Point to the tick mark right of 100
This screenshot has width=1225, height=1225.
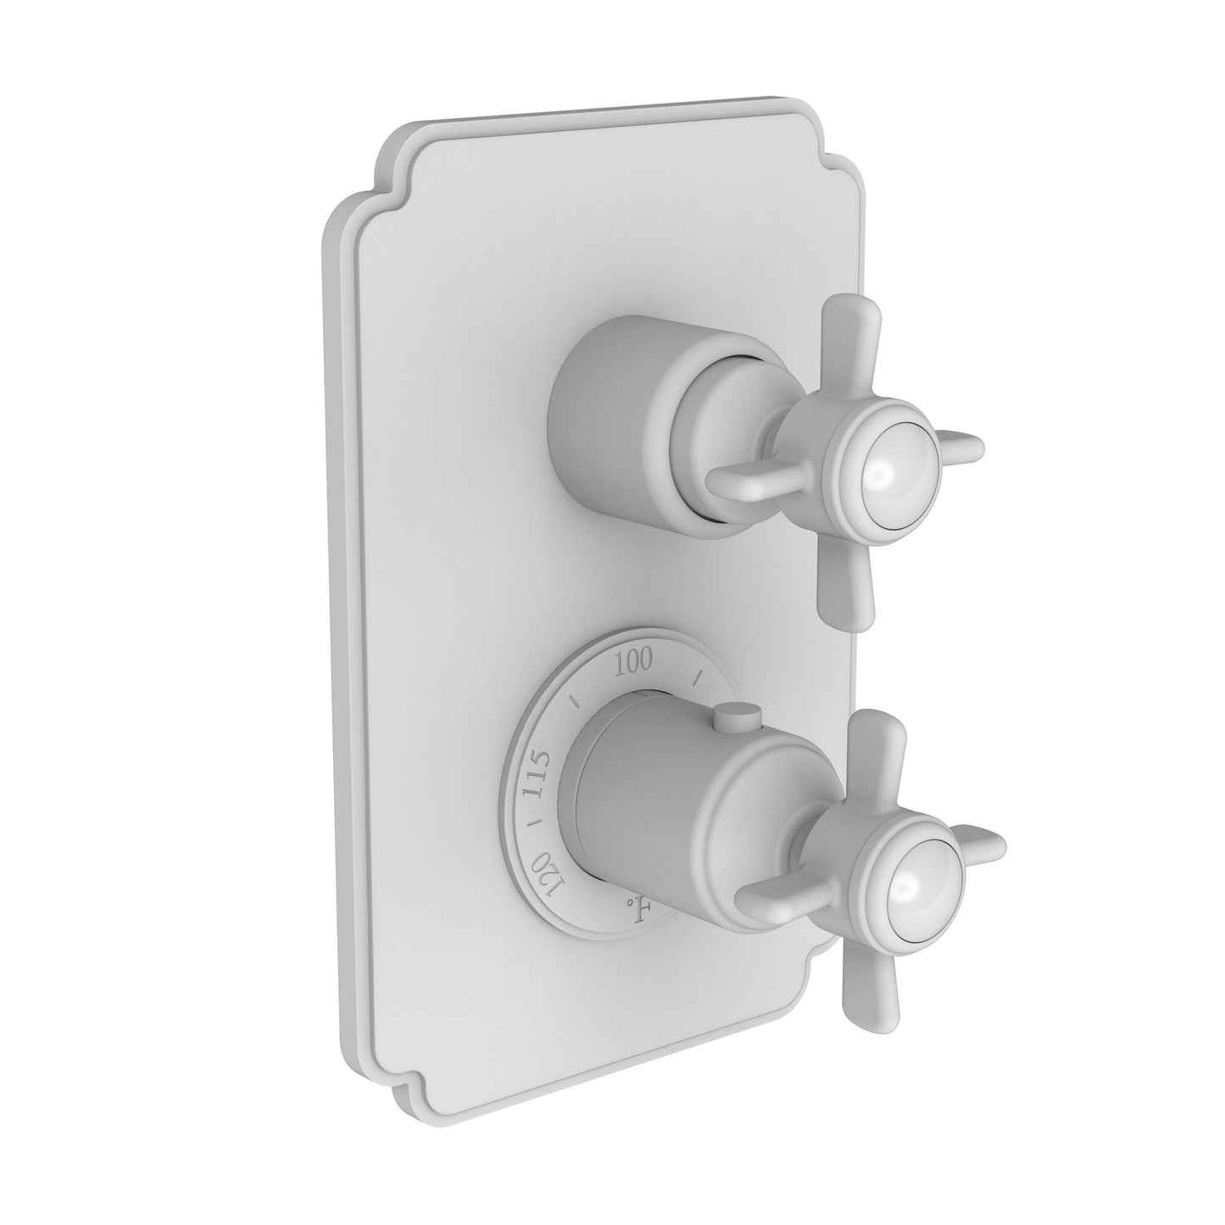point(699,676)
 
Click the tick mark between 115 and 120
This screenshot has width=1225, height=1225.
point(530,823)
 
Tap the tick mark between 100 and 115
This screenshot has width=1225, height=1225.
point(576,700)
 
